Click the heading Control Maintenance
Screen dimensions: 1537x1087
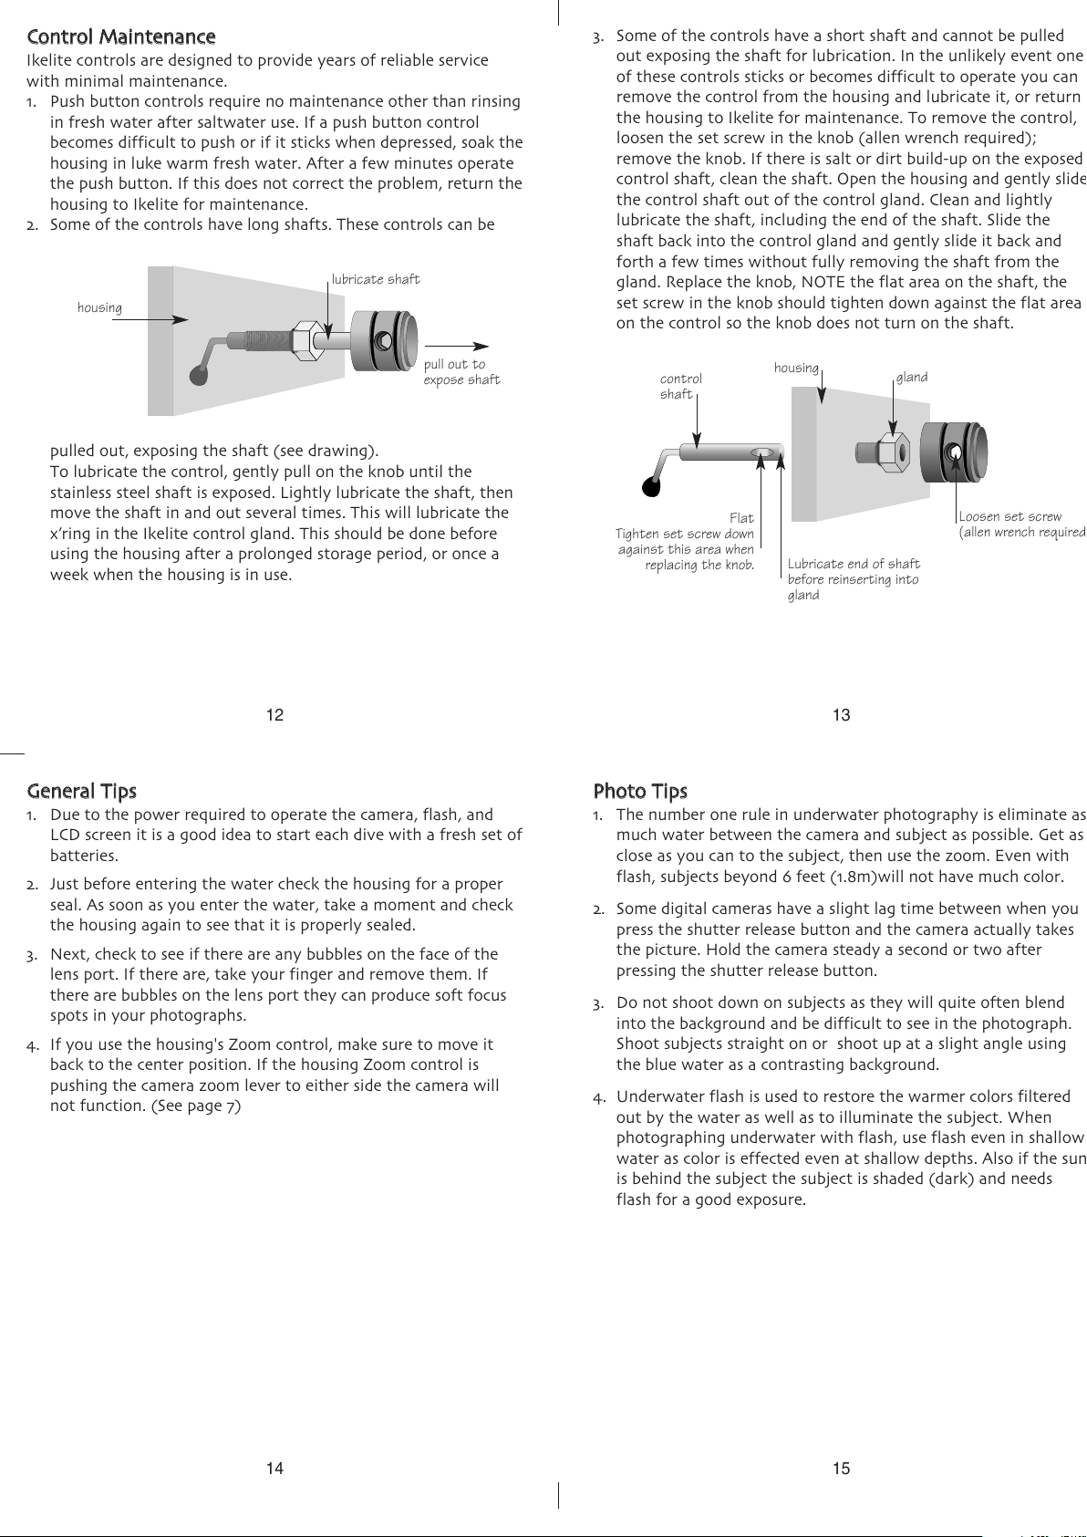(x=121, y=37)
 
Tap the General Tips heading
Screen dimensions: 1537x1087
(x=82, y=791)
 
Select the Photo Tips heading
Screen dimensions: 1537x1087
(x=640, y=791)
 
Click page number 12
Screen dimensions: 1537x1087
(x=274, y=715)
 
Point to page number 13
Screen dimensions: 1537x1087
(x=841, y=715)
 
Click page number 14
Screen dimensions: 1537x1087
(x=274, y=1468)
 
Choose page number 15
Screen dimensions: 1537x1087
(x=841, y=1468)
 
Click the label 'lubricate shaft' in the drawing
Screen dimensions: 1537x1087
(x=376, y=279)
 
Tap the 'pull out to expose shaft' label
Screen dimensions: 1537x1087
(x=461, y=372)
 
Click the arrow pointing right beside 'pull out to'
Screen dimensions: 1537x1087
(x=457, y=346)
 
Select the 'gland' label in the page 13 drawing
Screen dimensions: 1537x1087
(x=912, y=377)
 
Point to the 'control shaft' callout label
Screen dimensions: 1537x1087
(x=680, y=386)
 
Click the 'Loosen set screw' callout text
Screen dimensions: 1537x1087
(x=1010, y=516)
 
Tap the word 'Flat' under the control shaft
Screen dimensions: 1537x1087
(x=741, y=518)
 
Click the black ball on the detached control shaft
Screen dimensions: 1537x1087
(x=651, y=486)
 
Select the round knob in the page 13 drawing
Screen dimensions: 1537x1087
(x=953, y=452)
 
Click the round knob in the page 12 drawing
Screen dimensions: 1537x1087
(x=384, y=340)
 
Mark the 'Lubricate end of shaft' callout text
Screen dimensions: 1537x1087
(x=854, y=564)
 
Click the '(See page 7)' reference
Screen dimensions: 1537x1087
(x=196, y=1106)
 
